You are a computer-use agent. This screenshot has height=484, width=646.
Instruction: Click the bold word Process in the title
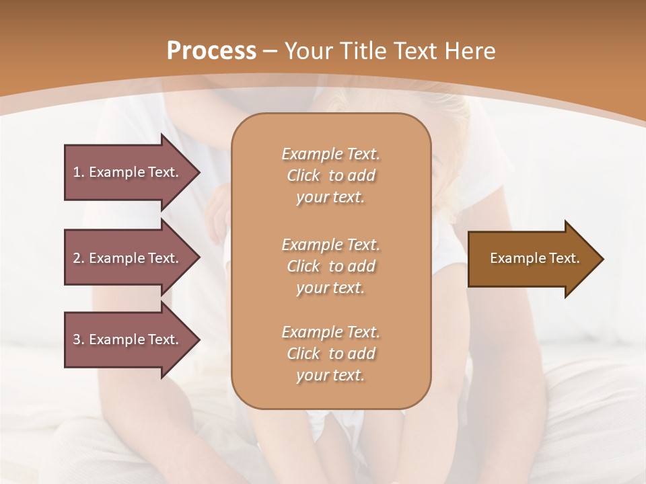[x=211, y=51]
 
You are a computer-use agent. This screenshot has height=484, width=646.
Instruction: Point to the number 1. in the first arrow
[x=78, y=172]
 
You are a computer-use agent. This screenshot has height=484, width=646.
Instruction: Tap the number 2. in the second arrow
[x=78, y=258]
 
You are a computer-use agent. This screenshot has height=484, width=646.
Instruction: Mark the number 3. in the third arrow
[x=78, y=339]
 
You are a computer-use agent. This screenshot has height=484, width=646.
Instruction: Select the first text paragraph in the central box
[x=330, y=175]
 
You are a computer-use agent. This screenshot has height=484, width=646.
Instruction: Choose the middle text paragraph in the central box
[x=330, y=266]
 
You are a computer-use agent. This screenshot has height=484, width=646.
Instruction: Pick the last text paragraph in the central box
[x=330, y=354]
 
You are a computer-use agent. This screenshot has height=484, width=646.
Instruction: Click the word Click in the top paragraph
[x=303, y=175]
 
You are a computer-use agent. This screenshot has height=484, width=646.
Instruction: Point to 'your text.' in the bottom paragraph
[x=330, y=376]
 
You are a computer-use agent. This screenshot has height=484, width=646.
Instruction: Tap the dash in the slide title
[x=271, y=51]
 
